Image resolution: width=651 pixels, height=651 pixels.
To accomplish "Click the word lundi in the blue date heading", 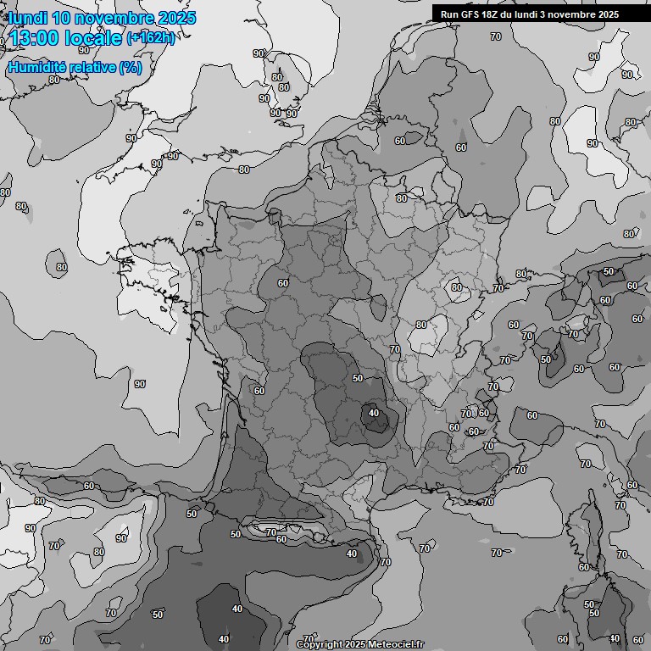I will [x=28, y=18].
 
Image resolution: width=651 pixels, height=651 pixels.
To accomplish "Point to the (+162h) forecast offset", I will [x=151, y=38].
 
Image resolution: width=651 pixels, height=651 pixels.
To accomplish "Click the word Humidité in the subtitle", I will [x=36, y=68].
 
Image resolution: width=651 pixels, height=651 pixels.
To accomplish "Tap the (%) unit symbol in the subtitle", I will [x=131, y=68].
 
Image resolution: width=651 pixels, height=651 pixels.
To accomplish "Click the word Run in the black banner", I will [x=450, y=14].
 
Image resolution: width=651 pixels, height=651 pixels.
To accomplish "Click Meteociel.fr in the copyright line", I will [x=394, y=644].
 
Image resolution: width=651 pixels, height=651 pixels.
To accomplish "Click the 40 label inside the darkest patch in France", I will [x=374, y=414].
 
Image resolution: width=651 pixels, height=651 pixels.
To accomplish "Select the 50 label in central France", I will [x=358, y=378].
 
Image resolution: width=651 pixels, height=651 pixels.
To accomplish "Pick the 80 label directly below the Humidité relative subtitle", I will [x=54, y=80].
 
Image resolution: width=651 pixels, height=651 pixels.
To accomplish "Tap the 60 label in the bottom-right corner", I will [x=638, y=639].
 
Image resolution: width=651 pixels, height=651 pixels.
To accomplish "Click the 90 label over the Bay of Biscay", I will [x=139, y=384].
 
